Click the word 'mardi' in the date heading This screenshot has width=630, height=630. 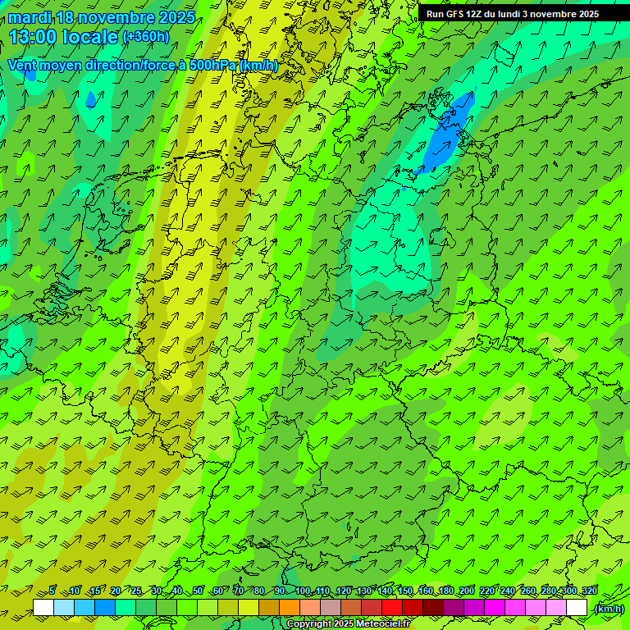[x=30, y=17]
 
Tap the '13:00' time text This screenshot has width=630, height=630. [x=34, y=37]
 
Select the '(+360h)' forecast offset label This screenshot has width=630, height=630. [x=146, y=37]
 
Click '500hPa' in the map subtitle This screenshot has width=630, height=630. [x=212, y=65]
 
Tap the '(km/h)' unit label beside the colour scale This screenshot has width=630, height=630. [x=609, y=609]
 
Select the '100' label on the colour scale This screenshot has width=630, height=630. [x=303, y=591]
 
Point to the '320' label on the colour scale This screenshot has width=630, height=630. [x=590, y=591]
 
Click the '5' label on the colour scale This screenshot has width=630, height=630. [x=52, y=591]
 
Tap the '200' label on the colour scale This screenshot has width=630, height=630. [x=467, y=591]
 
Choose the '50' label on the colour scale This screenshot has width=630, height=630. [x=198, y=591]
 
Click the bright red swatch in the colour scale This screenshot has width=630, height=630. [x=392, y=608]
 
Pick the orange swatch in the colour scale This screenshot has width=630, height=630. [x=290, y=608]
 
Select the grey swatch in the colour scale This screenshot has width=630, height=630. [x=331, y=608]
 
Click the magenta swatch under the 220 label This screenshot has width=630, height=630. [x=495, y=608]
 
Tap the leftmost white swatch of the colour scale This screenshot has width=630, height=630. [x=43, y=608]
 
